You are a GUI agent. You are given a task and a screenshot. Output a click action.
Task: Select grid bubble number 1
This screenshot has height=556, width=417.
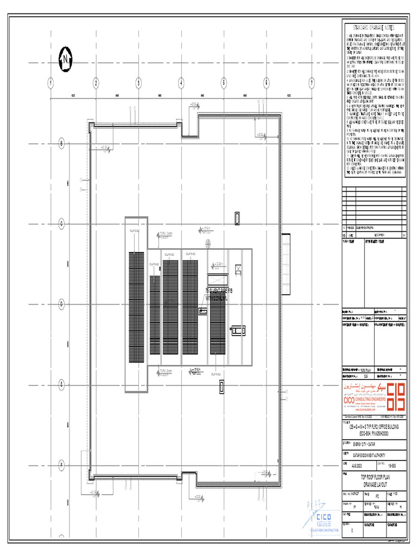click(x=50, y=83)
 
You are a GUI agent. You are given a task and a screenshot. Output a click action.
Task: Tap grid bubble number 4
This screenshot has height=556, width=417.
click(x=181, y=83)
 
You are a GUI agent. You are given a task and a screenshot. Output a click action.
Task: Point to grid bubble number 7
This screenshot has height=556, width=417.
click(x=312, y=83)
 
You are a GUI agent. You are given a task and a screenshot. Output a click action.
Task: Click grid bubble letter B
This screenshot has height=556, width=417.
click(x=62, y=143)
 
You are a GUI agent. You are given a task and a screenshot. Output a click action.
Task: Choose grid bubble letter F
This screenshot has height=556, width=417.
click(x=62, y=465)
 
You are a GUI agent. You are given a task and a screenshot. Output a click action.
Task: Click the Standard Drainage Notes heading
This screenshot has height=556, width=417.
click(x=374, y=27)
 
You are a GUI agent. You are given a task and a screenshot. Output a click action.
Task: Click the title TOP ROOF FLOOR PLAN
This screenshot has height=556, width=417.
click(x=373, y=477)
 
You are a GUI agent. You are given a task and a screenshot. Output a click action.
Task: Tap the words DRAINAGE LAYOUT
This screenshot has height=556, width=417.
click(x=373, y=483)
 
